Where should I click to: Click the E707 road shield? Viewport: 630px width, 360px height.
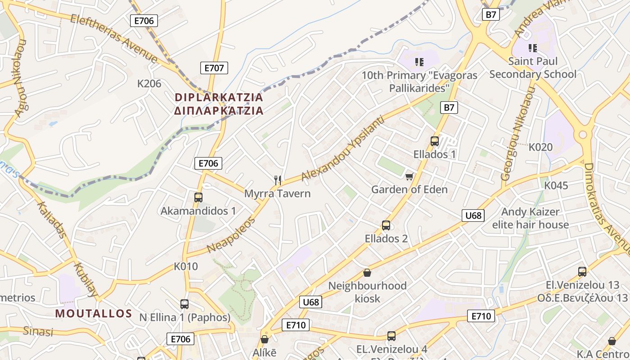pos(214,68)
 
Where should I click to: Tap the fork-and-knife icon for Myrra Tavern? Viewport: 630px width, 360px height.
pos(278,180)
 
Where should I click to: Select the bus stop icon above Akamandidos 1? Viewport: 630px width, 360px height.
pos(198,197)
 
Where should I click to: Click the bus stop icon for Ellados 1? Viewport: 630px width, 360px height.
pos(435,141)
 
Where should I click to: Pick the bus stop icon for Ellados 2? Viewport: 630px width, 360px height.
pos(386,225)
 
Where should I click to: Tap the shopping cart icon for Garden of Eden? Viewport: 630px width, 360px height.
pos(409,176)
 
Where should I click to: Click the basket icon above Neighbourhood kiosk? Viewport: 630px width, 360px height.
pos(367,273)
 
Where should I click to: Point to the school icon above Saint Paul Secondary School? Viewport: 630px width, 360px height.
pos(533,48)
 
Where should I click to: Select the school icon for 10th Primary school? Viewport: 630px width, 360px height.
pos(419,62)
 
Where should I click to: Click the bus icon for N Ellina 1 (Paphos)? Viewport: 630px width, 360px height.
pos(184,304)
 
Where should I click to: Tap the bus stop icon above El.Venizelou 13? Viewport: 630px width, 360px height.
pos(582,272)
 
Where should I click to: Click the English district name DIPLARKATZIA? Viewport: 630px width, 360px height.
pos(219,97)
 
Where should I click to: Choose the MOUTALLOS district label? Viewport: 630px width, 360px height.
pos(94,314)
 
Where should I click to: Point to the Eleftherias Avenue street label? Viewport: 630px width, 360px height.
pos(114,39)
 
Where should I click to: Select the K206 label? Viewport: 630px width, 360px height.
pos(149,83)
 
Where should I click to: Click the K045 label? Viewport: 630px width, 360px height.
pos(556,185)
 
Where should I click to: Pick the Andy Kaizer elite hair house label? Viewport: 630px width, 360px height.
pos(531,218)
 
